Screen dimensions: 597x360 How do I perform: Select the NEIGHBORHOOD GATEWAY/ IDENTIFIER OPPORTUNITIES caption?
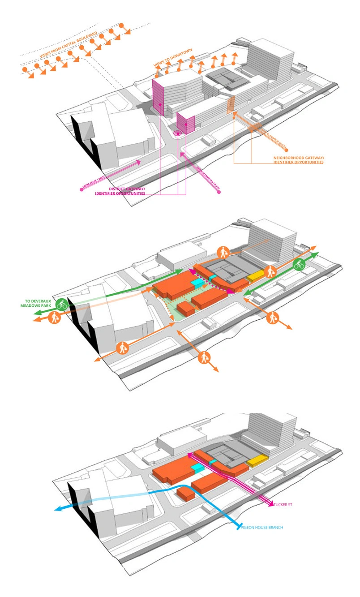point(298,160)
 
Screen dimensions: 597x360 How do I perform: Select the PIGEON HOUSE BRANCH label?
point(263,528)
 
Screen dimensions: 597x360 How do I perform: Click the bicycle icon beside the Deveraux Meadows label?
point(62,305)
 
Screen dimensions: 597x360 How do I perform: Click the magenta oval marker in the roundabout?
point(178,133)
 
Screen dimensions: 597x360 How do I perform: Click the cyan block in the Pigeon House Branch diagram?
point(197,468)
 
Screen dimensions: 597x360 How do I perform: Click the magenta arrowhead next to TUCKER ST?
point(271,504)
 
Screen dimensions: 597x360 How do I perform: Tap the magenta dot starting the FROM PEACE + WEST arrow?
point(81,189)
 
